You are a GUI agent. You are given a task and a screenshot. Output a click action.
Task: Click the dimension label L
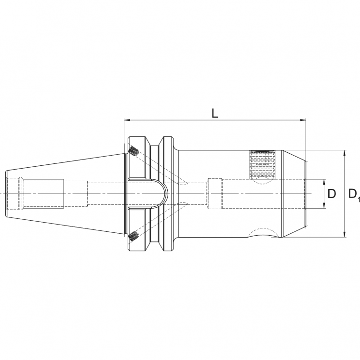pyautogui.click(x=215, y=113)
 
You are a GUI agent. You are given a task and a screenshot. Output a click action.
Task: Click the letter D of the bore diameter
pyautogui.click(x=332, y=194)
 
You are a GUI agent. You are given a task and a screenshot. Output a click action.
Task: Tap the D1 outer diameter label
pyautogui.click(x=353, y=194)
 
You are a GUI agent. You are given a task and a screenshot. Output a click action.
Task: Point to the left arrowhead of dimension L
pyautogui.click(x=126, y=120)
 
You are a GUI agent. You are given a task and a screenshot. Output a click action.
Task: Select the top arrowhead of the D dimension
pyautogui.click(x=324, y=181)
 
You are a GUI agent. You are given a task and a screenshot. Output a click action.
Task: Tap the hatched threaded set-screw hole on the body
pyautogui.click(x=264, y=164)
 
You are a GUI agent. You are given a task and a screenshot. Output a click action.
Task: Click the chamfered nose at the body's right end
pyautogui.click(x=294, y=194)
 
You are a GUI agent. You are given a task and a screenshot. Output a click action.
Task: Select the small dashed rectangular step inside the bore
pyautogui.click(x=214, y=194)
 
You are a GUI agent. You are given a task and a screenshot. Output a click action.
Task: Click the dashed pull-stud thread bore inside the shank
pyautogui.click(x=43, y=194)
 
